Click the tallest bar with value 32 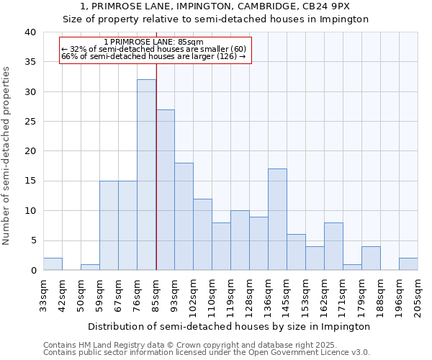pos(146,175)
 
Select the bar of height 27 pos(165,190)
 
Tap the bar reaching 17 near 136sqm pos(277,220)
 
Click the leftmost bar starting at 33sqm pos(53,264)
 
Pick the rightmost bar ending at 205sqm pos(408,264)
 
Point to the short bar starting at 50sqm pos(90,267)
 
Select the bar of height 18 pos(184,217)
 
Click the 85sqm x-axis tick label pos(156,292)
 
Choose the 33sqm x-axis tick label pos(43,292)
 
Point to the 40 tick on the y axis pos(30,32)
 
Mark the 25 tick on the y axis pos(30,122)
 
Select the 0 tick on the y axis pos(32,271)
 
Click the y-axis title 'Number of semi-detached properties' pos(7,156)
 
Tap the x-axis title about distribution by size pos(230,326)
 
